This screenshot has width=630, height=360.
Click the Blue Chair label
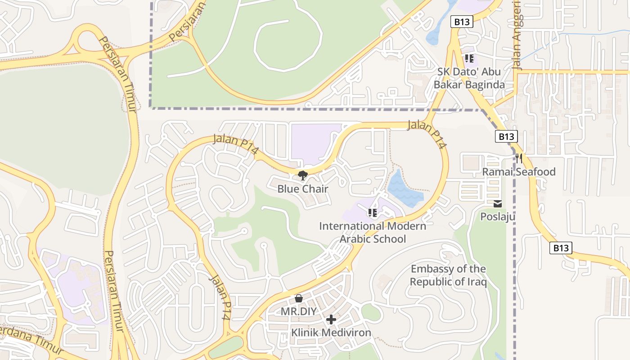pos(302,189)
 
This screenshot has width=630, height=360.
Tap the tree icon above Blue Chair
pos(302,175)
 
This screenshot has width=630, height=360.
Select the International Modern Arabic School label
pos(373,232)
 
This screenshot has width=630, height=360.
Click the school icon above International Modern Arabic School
pos(372,212)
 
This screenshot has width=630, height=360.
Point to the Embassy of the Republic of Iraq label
pos(448,275)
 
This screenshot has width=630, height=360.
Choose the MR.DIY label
pos(299,311)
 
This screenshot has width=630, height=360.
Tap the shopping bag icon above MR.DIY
pos(298,298)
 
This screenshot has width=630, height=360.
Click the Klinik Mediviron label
pos(331,333)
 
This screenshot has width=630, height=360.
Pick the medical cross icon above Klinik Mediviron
pos(331,319)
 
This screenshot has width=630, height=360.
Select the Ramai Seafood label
pos(519,171)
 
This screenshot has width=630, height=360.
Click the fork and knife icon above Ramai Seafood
pos(519,158)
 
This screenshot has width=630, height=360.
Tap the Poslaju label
pos(498,217)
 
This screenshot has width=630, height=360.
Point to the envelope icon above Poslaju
pos(498,204)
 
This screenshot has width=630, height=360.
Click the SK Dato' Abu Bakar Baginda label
pos(469,78)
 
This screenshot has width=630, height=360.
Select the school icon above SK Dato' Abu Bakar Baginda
pos(469,58)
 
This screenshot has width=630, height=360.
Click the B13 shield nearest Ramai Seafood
pos(506,136)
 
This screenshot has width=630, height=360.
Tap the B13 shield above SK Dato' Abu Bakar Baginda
pos(462,21)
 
